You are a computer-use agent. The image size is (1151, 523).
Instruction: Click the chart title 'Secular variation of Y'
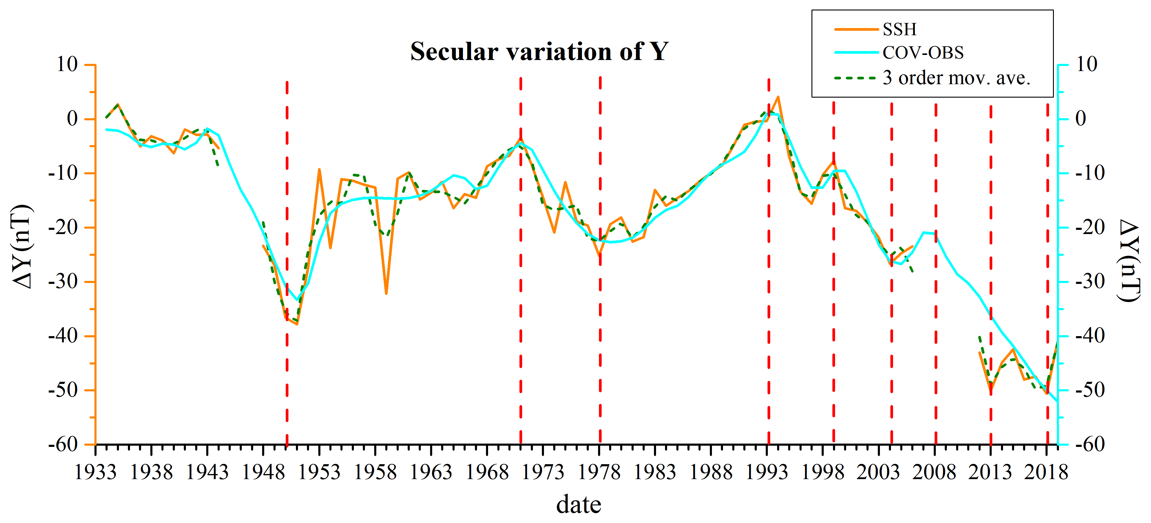click(x=539, y=51)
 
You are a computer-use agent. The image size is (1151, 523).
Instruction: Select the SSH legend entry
click(x=899, y=30)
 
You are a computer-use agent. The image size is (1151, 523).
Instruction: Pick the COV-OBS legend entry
click(x=923, y=53)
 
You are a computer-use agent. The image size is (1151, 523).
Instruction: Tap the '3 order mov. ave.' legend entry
click(x=956, y=78)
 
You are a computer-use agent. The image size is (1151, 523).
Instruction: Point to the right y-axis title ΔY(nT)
click(x=1129, y=261)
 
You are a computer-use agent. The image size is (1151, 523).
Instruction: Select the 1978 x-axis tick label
click(x=599, y=473)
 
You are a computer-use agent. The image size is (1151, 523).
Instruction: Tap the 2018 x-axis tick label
click(x=1046, y=473)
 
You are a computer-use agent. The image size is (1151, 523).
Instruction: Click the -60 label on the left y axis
click(x=63, y=444)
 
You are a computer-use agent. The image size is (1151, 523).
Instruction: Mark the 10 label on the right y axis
click(x=1086, y=65)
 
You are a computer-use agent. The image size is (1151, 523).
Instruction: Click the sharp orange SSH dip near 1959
click(x=386, y=293)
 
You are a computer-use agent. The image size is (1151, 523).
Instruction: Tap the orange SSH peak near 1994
click(x=778, y=97)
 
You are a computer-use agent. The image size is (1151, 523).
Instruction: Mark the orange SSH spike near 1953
click(x=319, y=170)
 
